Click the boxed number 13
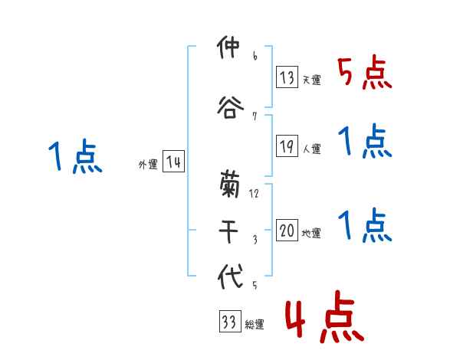pyautogui.click(x=287, y=78)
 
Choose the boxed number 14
pyautogui.click(x=173, y=162)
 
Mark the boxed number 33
pyautogui.click(x=228, y=323)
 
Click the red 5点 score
pyautogui.click(x=364, y=73)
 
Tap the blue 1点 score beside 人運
pyautogui.click(x=364, y=142)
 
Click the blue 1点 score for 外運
pyautogui.click(x=75, y=157)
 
